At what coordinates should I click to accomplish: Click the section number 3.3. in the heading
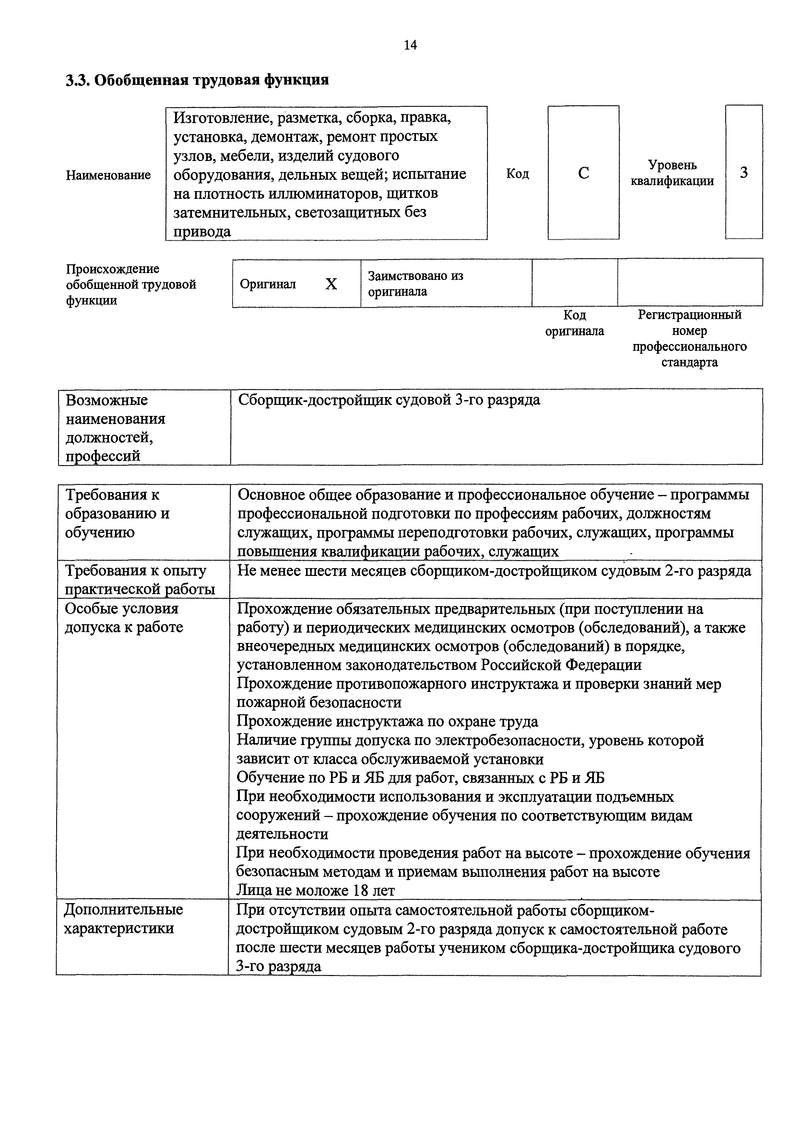click(x=78, y=80)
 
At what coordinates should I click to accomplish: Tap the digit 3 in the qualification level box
click(x=744, y=173)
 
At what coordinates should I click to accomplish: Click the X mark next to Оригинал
click(x=331, y=284)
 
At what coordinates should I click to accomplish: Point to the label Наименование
click(x=108, y=175)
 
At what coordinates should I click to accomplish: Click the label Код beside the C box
click(x=517, y=174)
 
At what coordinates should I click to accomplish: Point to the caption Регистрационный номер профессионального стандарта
click(x=689, y=339)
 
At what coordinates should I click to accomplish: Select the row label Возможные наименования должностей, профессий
click(x=115, y=428)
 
